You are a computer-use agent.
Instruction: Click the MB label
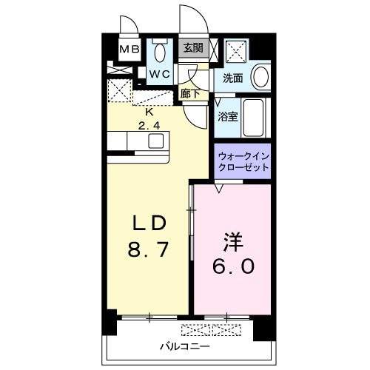coord(129,50)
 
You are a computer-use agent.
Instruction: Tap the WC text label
coord(161,75)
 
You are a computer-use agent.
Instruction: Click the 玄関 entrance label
coord(192,48)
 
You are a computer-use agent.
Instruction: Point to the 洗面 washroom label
coord(232,78)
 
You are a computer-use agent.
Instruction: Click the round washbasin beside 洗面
coord(260,77)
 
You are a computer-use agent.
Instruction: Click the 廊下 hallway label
coord(189,94)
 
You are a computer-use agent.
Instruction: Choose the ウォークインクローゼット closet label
coord(243,162)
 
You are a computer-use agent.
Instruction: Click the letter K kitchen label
coord(149,112)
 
